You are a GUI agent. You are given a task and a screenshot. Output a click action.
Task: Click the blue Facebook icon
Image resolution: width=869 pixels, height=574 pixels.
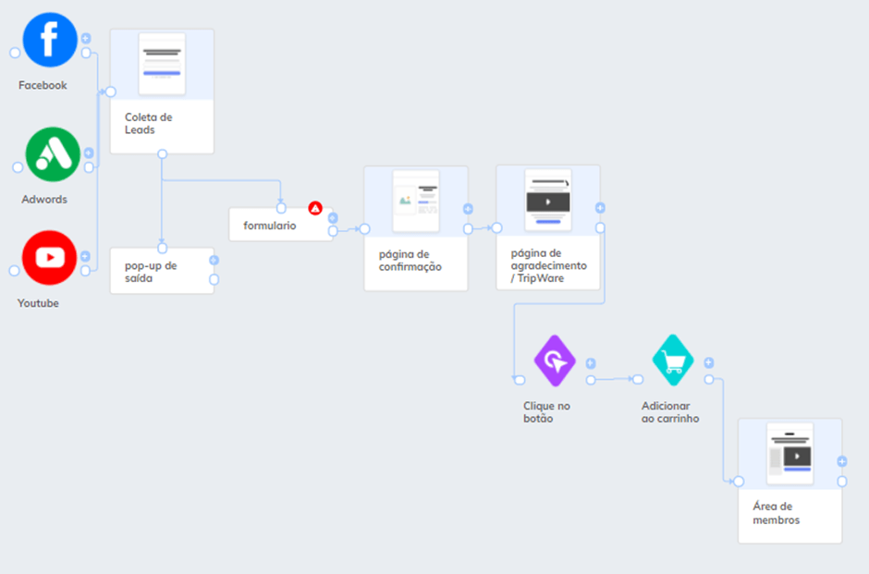pyautogui.click(x=50, y=40)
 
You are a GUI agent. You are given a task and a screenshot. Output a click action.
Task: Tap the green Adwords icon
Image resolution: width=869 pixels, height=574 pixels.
pyautogui.click(x=53, y=154)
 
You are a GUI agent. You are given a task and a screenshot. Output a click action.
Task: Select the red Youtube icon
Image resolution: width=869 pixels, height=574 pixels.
pyautogui.click(x=49, y=258)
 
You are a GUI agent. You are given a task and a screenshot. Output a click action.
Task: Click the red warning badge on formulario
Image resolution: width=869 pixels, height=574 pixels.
pyautogui.click(x=315, y=208)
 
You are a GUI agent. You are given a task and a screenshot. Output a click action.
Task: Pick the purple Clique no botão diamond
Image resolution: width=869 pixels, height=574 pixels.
pyautogui.click(x=555, y=360)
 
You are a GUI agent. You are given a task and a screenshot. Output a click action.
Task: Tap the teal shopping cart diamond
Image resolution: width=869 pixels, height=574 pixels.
pyautogui.click(x=673, y=360)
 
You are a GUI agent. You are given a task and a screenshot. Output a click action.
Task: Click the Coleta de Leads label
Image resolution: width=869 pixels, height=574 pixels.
pyautogui.click(x=148, y=124)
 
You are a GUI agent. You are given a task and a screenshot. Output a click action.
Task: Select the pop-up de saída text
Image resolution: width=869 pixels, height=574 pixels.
pyautogui.click(x=151, y=272)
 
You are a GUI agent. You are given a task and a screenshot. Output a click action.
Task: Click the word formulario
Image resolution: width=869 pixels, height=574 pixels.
pyautogui.click(x=269, y=226)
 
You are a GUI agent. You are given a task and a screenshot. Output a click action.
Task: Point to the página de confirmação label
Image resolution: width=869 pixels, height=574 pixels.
pyautogui.click(x=410, y=261)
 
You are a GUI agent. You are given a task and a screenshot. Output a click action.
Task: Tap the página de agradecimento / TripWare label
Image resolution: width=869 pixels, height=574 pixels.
pyautogui.click(x=548, y=266)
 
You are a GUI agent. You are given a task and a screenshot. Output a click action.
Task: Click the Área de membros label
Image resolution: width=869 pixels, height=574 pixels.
pyautogui.click(x=776, y=513)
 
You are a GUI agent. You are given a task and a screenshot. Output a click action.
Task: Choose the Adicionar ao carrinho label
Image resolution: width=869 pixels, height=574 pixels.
pyautogui.click(x=670, y=412)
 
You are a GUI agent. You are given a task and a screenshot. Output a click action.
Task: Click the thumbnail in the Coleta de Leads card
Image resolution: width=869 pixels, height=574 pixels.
pyautogui.click(x=162, y=64)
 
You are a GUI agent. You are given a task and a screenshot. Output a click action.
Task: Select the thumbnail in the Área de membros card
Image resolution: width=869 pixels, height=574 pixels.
pyautogui.click(x=789, y=454)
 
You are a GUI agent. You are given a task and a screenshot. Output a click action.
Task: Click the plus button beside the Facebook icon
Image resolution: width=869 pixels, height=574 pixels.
pyautogui.click(x=86, y=38)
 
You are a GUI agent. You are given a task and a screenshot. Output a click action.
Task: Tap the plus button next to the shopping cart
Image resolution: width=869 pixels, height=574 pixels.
pyautogui.click(x=709, y=363)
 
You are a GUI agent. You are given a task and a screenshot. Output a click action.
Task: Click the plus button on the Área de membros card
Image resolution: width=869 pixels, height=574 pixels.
pyautogui.click(x=842, y=461)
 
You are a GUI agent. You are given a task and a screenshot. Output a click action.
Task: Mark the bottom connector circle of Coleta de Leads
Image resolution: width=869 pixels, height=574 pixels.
pyautogui.click(x=162, y=154)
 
